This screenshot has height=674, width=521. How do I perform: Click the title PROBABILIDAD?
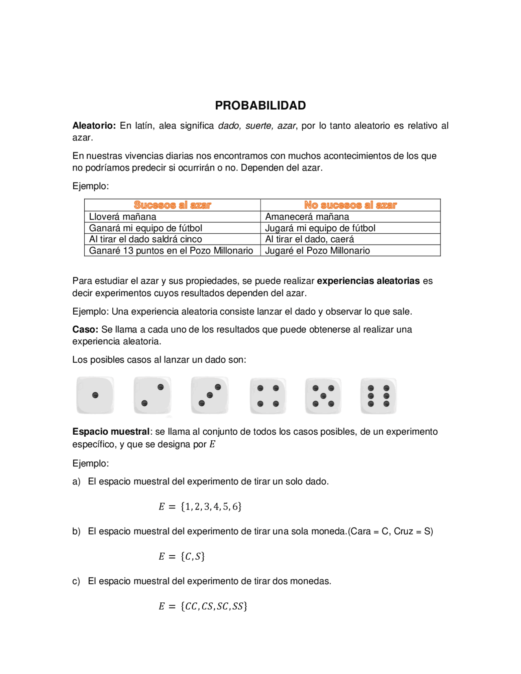pos(260,105)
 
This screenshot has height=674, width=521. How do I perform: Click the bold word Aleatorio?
pos(94,126)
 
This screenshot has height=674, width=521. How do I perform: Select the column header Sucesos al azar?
pos(172,205)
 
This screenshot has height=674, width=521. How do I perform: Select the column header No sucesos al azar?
pos(350,205)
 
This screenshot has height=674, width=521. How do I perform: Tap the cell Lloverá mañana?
pos(123,217)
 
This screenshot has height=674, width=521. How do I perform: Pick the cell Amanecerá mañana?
pos(307,217)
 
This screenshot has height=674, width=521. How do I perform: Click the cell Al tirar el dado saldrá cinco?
pos(145,239)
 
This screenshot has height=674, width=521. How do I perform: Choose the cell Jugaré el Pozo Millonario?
pos(317,251)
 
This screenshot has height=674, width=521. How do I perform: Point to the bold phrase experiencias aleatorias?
pos(368,281)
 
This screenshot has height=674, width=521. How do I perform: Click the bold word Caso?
pos(85,330)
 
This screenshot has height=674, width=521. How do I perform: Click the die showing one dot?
pos(95,395)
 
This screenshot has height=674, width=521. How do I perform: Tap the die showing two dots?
pos(152,395)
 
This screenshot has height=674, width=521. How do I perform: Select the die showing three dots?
pos(210,395)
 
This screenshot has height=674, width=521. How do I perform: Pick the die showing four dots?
pos(268,396)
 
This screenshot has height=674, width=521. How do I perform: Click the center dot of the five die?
pos(323,396)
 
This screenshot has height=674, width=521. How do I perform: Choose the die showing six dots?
pos(379,396)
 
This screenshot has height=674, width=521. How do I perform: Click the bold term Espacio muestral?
pos(111,432)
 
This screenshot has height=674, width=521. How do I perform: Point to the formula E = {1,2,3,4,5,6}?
pos(200,507)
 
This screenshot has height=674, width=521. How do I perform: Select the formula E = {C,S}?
pos(182,556)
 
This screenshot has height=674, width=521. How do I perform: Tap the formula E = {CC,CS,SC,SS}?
pos(203,606)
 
